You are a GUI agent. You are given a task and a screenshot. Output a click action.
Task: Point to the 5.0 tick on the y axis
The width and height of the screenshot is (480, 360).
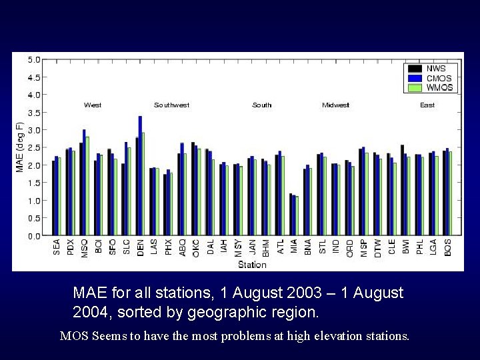[x=34, y=59]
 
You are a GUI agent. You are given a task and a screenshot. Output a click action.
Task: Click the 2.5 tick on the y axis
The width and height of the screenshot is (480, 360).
[x=34, y=147]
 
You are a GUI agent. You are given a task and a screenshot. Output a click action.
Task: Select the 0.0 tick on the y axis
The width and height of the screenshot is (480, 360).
[x=34, y=235]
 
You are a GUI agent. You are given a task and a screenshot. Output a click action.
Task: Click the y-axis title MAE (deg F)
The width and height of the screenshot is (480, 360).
[x=20, y=147]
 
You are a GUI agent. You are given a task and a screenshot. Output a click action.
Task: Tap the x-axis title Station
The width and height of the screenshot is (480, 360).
[x=252, y=265]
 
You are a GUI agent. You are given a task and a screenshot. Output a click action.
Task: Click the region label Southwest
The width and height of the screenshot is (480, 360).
[x=171, y=105]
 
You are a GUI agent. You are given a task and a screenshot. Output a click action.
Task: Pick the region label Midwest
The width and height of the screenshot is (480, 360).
[x=335, y=105]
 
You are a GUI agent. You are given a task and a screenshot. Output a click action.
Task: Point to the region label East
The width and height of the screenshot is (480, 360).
[x=427, y=105]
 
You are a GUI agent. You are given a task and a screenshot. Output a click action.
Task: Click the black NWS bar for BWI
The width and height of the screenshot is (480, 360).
[x=402, y=190]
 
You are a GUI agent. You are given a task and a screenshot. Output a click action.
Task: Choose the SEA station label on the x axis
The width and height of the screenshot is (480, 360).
[x=57, y=247]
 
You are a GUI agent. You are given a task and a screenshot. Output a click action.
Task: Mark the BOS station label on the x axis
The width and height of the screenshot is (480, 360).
[x=447, y=247]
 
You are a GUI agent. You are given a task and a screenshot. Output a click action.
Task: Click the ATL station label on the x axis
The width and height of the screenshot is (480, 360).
[x=280, y=247]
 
